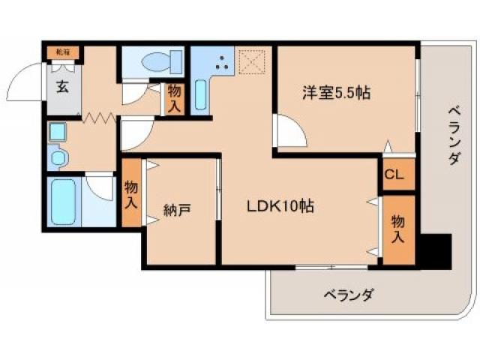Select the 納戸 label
tap(177, 208)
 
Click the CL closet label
tap(394, 176)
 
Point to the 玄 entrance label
tap(61, 85)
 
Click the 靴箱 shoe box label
tap(60, 52)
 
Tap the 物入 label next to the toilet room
tap(173, 99)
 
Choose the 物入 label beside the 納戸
tap(130, 193)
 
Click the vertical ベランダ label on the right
tap(453, 135)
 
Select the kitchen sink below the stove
tap(201, 96)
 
